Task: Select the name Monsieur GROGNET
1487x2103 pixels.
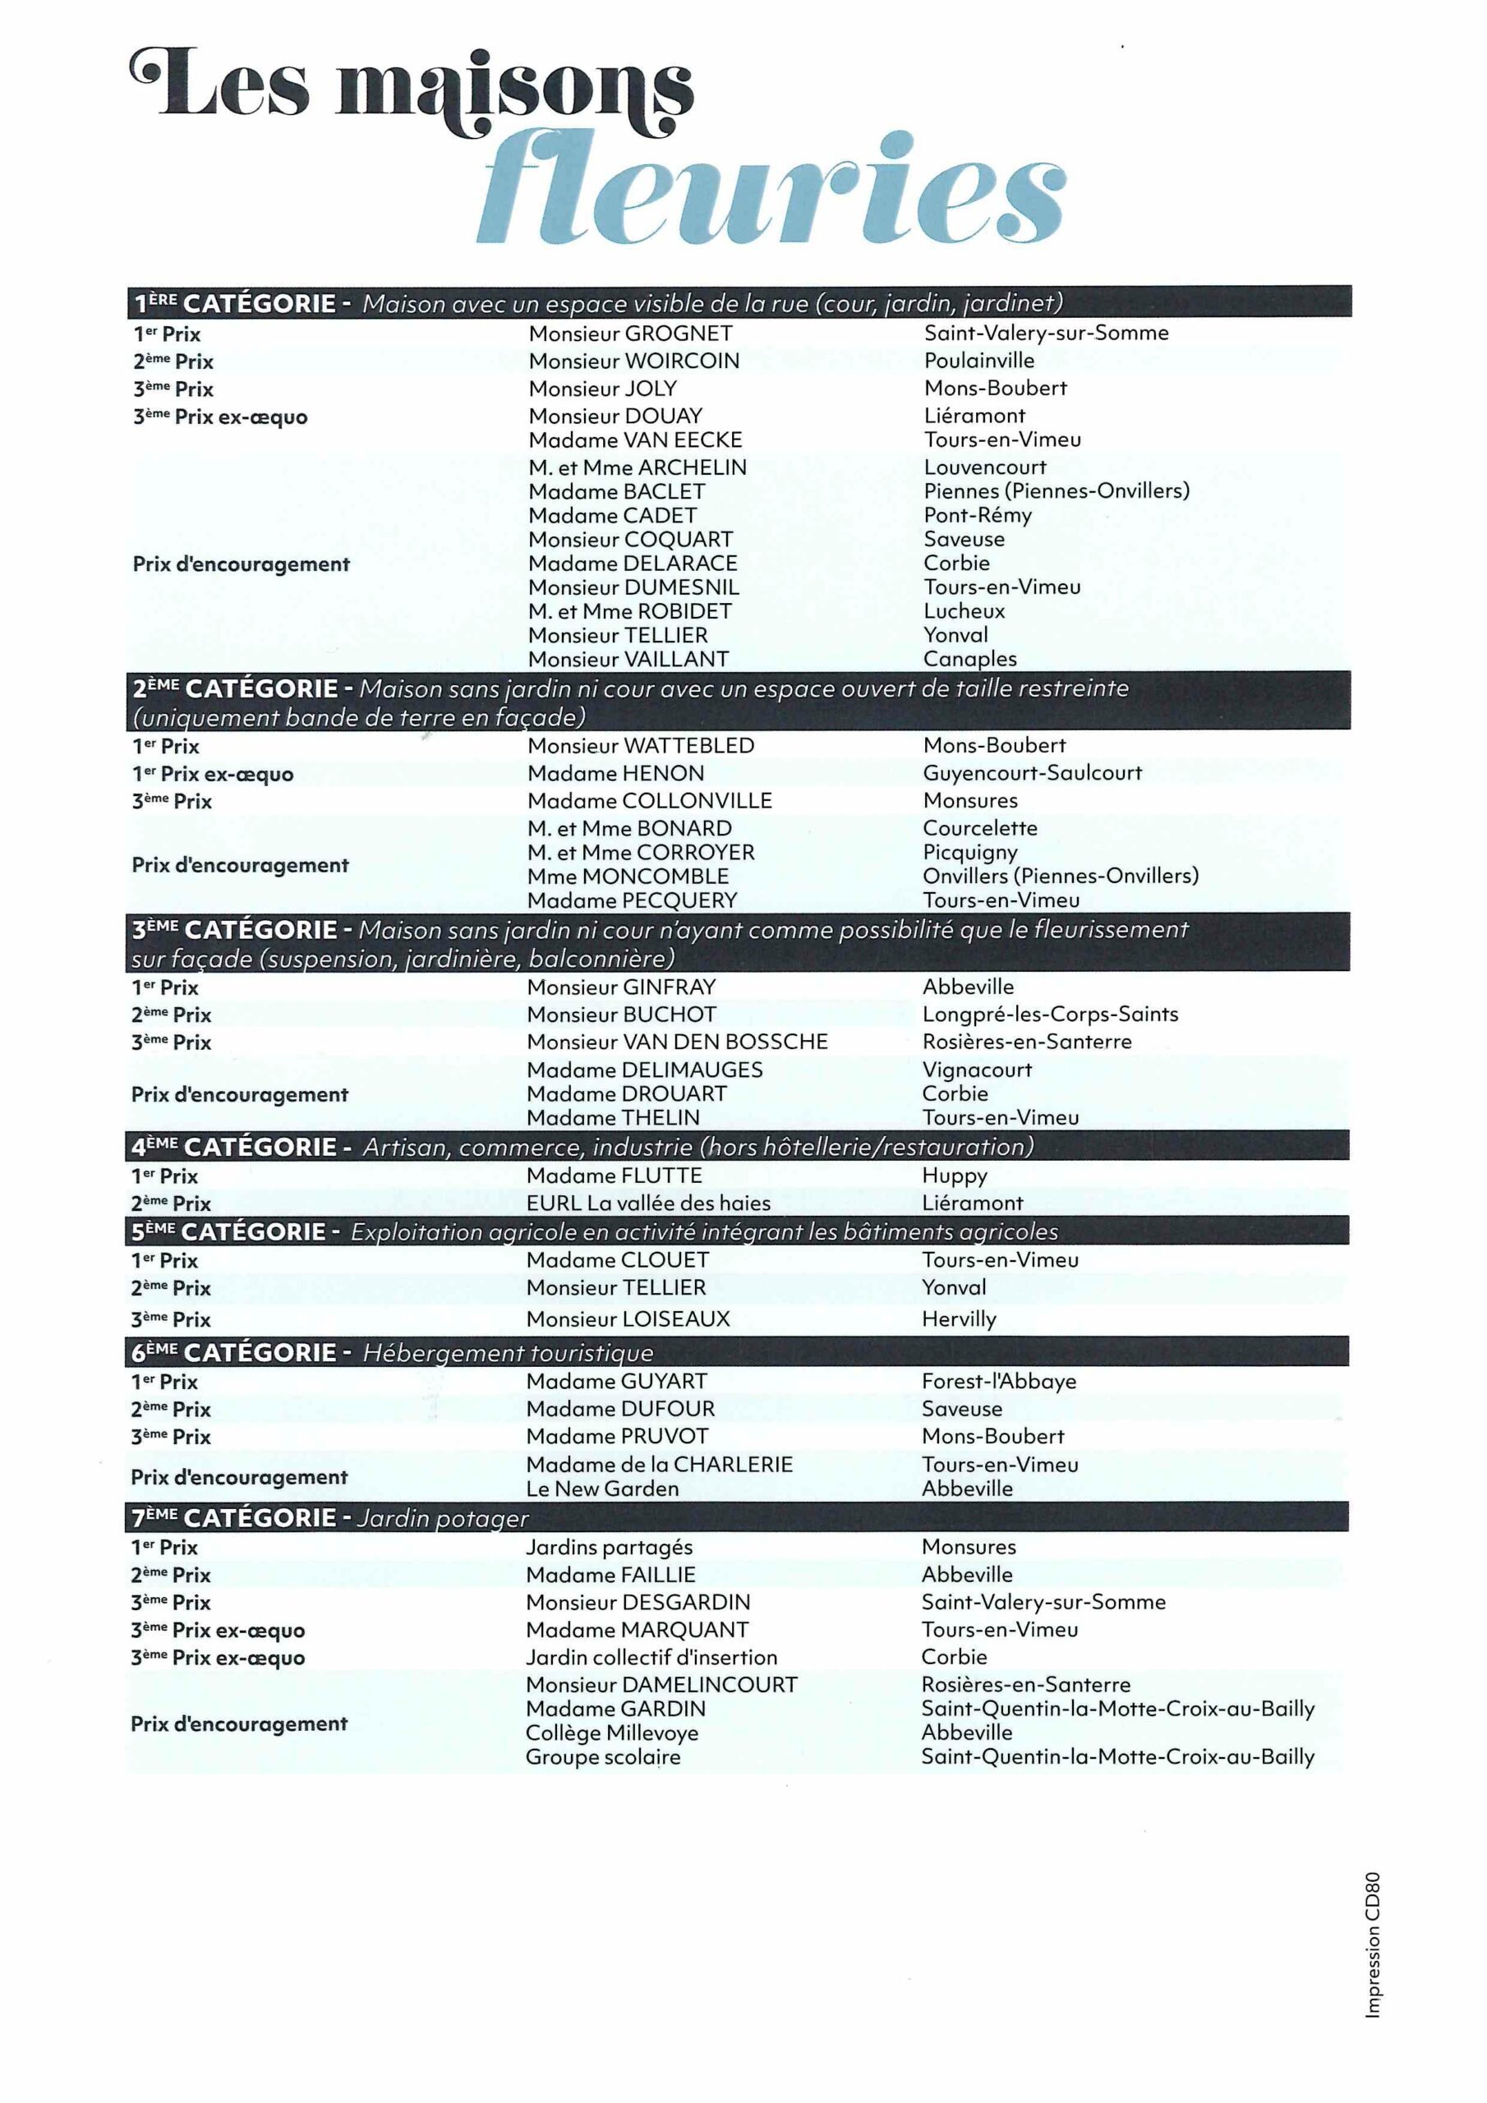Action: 630,334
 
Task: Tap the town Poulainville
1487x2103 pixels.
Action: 978,361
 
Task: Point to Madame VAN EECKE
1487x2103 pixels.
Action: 635,440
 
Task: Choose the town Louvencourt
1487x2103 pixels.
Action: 984,467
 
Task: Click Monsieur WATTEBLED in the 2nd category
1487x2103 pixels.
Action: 641,746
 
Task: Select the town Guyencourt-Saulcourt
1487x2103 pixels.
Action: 1032,773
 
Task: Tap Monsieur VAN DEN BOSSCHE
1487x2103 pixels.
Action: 677,1042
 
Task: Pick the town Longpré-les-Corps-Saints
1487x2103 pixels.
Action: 1050,1014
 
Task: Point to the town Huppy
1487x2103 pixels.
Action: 954,1176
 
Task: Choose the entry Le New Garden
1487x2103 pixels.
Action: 602,1489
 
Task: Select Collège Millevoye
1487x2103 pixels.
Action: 611,1733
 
